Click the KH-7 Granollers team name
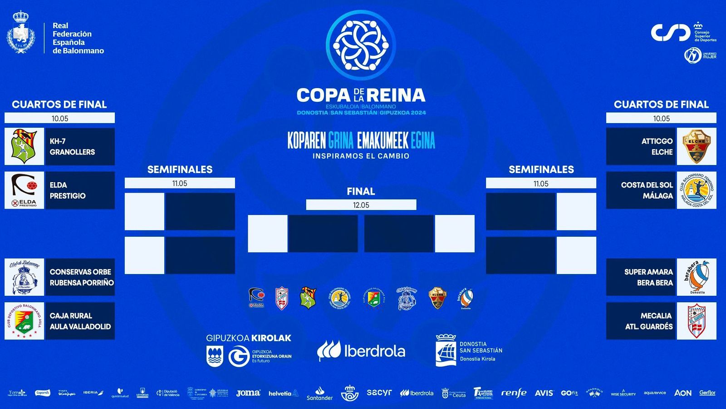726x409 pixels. [x=72, y=146]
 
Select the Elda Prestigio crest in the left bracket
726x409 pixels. [x=25, y=190]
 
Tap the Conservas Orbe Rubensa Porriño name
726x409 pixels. [x=81, y=277]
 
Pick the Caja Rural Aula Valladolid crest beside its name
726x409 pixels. [x=25, y=321]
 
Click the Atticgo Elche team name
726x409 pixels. [x=657, y=146]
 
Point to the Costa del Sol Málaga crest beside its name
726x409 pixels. [x=696, y=190]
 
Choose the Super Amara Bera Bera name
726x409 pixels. [x=648, y=277]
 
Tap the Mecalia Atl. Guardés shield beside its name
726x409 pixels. [x=696, y=321]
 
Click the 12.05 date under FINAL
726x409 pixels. [x=361, y=205]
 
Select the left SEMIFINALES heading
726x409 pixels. [x=180, y=170]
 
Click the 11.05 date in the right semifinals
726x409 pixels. [x=541, y=184]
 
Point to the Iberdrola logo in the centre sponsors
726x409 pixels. [x=361, y=351]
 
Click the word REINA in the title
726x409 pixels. [x=396, y=95]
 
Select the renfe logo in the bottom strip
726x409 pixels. [x=514, y=393]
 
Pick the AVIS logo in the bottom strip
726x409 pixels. [x=544, y=393]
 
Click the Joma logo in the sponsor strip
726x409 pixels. [x=248, y=393]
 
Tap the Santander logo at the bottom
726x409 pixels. [x=319, y=394]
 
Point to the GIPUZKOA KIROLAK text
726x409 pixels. [x=249, y=338]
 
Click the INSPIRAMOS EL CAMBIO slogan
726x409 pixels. [x=361, y=156]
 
